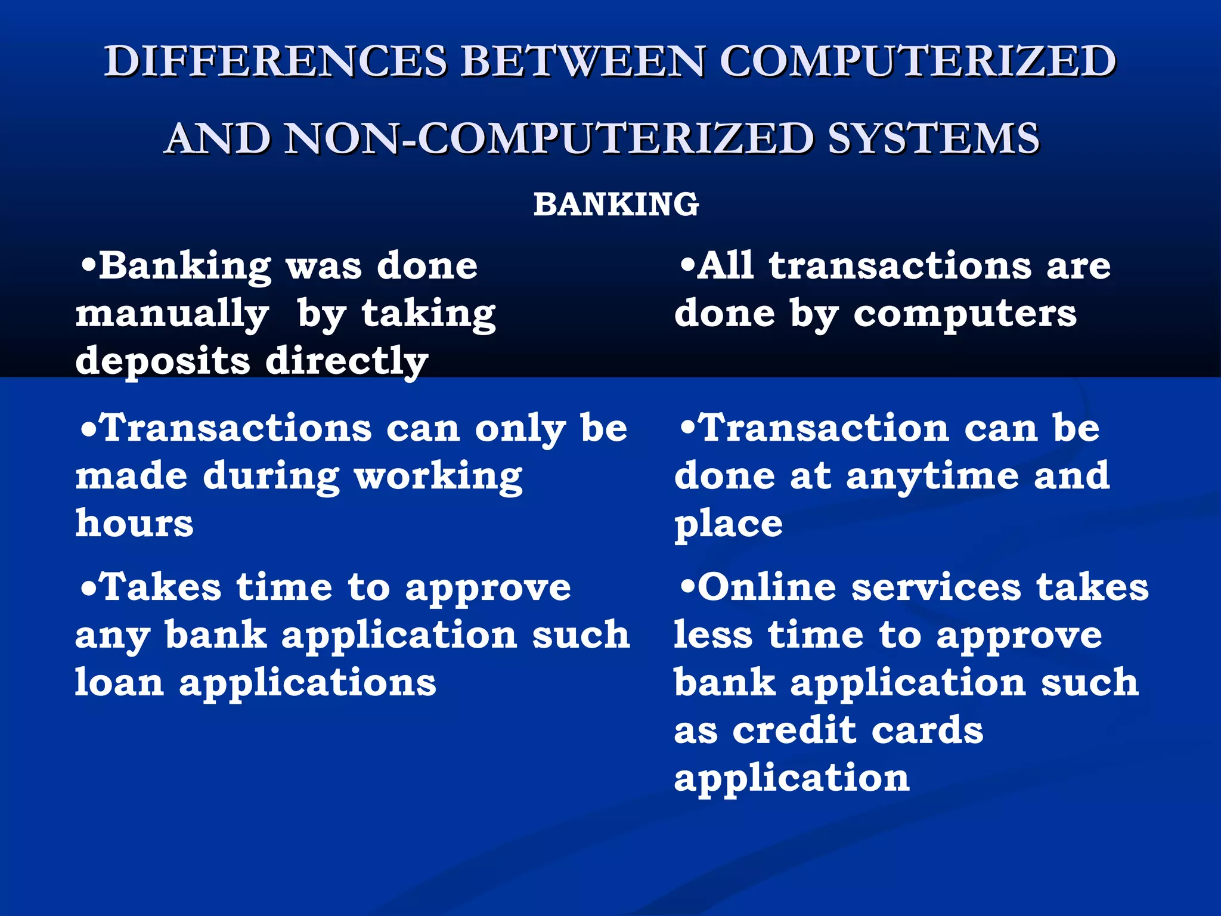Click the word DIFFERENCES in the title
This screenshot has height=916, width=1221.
pos(275,61)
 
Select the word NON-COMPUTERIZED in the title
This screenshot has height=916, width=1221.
pos(548,138)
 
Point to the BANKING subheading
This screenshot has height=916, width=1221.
pos(616,205)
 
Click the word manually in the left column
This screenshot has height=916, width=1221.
pos(172,314)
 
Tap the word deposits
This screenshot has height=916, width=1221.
pos(162,362)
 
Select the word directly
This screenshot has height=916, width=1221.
pos(346,362)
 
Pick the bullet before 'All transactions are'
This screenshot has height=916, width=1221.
pos(687,265)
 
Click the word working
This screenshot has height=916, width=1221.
pos(438,477)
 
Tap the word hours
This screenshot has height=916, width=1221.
pos(134,524)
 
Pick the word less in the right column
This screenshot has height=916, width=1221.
pos(712,635)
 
